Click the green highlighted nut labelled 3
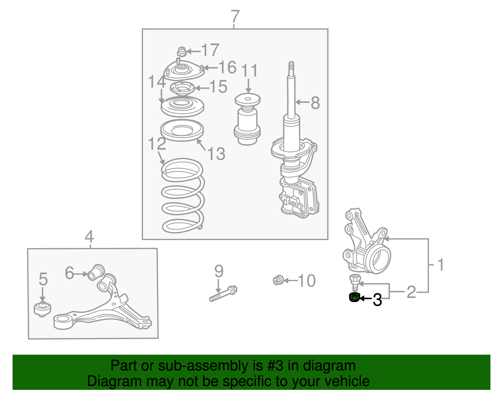click(x=354, y=297)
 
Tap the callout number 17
click(x=210, y=50)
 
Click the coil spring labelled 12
click(x=183, y=196)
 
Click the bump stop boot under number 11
click(x=247, y=119)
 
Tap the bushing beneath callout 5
click(x=42, y=309)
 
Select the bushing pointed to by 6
click(x=96, y=272)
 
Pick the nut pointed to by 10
click(x=278, y=280)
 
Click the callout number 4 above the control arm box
click(x=89, y=236)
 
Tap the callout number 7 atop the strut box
click(x=235, y=16)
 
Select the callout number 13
click(x=217, y=154)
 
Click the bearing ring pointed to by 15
click(x=182, y=88)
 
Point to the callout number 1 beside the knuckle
click(x=441, y=265)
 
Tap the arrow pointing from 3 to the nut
click(x=366, y=299)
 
